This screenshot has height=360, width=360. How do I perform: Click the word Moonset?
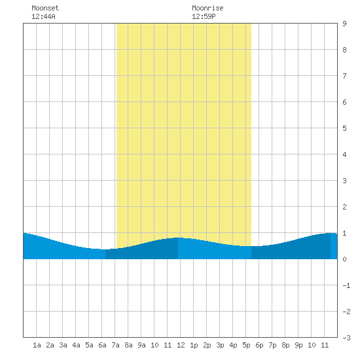[x=45, y=8]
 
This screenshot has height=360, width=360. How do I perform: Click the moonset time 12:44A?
[x=43, y=16]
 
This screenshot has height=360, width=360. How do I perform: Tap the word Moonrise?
[x=207, y=8]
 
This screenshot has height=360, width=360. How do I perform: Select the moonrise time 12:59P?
[x=204, y=16]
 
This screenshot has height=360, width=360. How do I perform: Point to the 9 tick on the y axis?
[x=344, y=24]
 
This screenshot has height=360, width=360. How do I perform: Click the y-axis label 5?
[x=344, y=128]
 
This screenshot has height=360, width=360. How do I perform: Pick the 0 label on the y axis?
[x=344, y=259]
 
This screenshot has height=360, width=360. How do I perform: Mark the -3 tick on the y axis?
[x=346, y=338]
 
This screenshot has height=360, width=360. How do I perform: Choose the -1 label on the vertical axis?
[x=346, y=285]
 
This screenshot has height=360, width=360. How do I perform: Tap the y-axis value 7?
[x=344, y=76]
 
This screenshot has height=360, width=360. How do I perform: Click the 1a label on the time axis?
[x=37, y=345]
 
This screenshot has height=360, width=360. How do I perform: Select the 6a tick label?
[x=102, y=345]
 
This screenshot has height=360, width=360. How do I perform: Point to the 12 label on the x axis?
[x=181, y=345]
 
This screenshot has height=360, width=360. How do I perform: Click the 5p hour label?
[x=246, y=345]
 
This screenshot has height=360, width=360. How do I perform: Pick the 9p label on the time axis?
[x=298, y=345]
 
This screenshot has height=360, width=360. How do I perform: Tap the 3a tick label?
[x=63, y=345]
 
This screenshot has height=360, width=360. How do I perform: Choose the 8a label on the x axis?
[x=128, y=345]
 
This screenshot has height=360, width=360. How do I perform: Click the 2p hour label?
[x=207, y=345]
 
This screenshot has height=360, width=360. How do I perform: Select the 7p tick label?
[x=272, y=345]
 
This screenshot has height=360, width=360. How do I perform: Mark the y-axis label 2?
[x=344, y=207]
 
